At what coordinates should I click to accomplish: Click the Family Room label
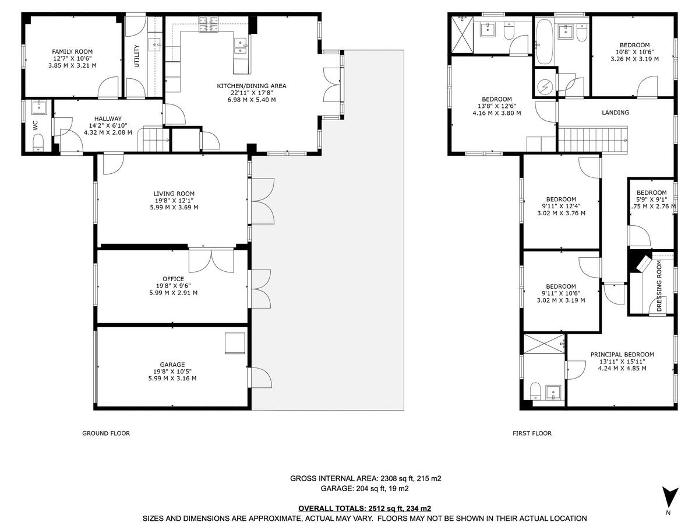(x=72, y=52)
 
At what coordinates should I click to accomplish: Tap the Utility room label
(x=137, y=56)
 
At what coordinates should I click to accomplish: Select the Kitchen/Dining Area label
(x=252, y=86)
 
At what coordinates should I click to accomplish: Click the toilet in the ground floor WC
(x=38, y=142)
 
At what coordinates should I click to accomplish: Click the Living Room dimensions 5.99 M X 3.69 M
(x=174, y=207)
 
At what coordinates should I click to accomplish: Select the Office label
(x=174, y=279)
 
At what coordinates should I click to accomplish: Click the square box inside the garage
(x=235, y=343)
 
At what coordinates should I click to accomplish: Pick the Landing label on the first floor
(x=616, y=113)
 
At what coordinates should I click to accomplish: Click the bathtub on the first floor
(x=545, y=42)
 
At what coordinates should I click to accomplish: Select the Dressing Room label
(x=659, y=286)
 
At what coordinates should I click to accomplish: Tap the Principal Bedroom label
(x=622, y=354)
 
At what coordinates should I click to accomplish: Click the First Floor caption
(x=532, y=433)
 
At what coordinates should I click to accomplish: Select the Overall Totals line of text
(x=365, y=508)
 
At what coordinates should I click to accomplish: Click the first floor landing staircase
(x=591, y=141)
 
